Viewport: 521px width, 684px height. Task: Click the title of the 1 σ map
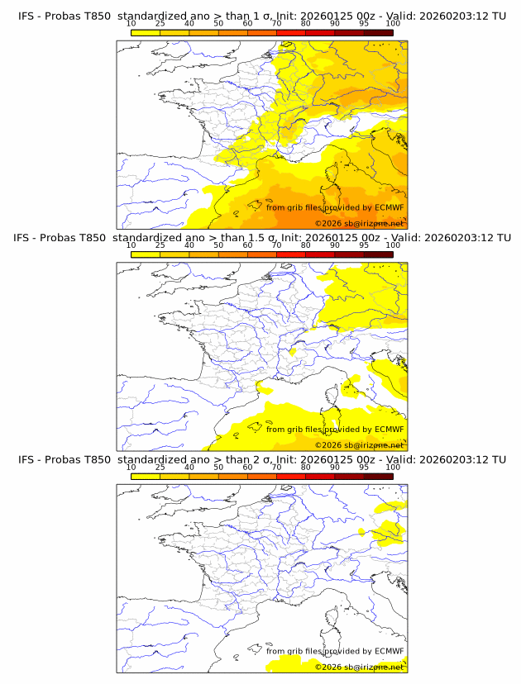(x=260, y=15)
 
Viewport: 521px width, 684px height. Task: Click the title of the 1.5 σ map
(x=260, y=237)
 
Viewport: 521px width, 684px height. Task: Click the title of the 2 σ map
(x=260, y=458)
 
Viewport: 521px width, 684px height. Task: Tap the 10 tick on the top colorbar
(x=131, y=24)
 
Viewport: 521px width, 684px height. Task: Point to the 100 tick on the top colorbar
(x=393, y=24)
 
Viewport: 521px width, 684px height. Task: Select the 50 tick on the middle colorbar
(x=218, y=245)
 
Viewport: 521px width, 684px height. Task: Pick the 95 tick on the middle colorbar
(x=364, y=245)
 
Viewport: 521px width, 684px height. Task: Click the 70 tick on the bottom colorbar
(x=276, y=468)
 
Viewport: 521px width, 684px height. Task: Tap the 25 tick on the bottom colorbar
(x=160, y=468)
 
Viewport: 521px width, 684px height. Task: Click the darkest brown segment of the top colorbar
(x=378, y=32)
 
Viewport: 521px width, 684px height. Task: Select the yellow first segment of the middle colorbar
(x=146, y=254)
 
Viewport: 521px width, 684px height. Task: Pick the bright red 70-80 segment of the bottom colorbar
(x=291, y=477)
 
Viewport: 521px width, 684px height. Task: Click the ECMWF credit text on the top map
(x=335, y=207)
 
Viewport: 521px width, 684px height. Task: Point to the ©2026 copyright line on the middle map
(x=359, y=445)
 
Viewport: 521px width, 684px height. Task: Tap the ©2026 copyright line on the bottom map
(x=359, y=667)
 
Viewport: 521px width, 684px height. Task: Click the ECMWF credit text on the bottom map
(x=335, y=651)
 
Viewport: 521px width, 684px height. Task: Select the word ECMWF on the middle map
(x=390, y=430)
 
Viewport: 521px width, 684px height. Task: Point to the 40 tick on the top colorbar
(x=189, y=24)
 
